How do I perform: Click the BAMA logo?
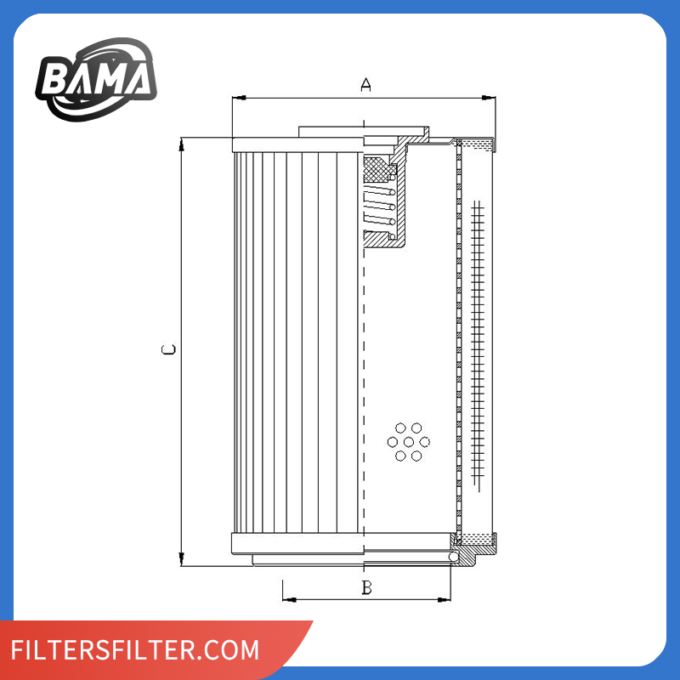96,79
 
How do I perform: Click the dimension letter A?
366,84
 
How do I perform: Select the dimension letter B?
367,587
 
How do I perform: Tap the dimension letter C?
168,349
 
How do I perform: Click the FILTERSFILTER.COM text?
135,649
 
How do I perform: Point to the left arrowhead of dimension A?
239,98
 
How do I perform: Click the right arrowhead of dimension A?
489,98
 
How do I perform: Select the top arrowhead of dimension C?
181,144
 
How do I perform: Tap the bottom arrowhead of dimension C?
181,559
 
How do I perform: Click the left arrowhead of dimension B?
289,600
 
